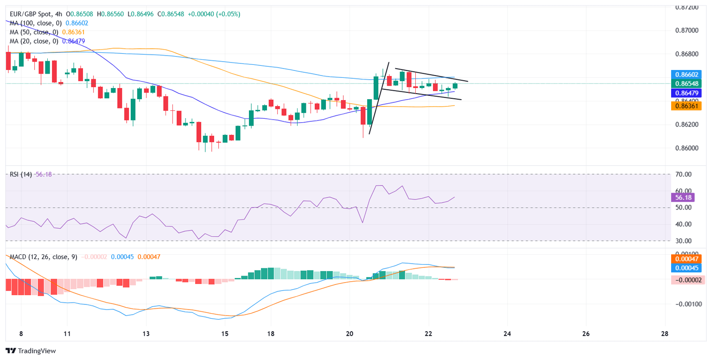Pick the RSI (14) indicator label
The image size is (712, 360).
click(19, 175)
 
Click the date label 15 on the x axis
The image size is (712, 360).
click(225, 334)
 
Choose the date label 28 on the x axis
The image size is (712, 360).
click(665, 334)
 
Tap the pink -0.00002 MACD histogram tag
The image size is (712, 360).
click(687, 280)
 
